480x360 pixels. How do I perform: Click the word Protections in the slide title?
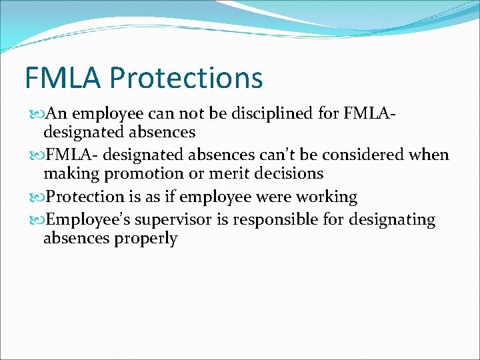(186, 77)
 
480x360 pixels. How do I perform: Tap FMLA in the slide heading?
(63, 77)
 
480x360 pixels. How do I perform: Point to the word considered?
(365, 155)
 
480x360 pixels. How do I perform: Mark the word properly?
(147, 239)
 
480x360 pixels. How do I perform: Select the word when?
(431, 155)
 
